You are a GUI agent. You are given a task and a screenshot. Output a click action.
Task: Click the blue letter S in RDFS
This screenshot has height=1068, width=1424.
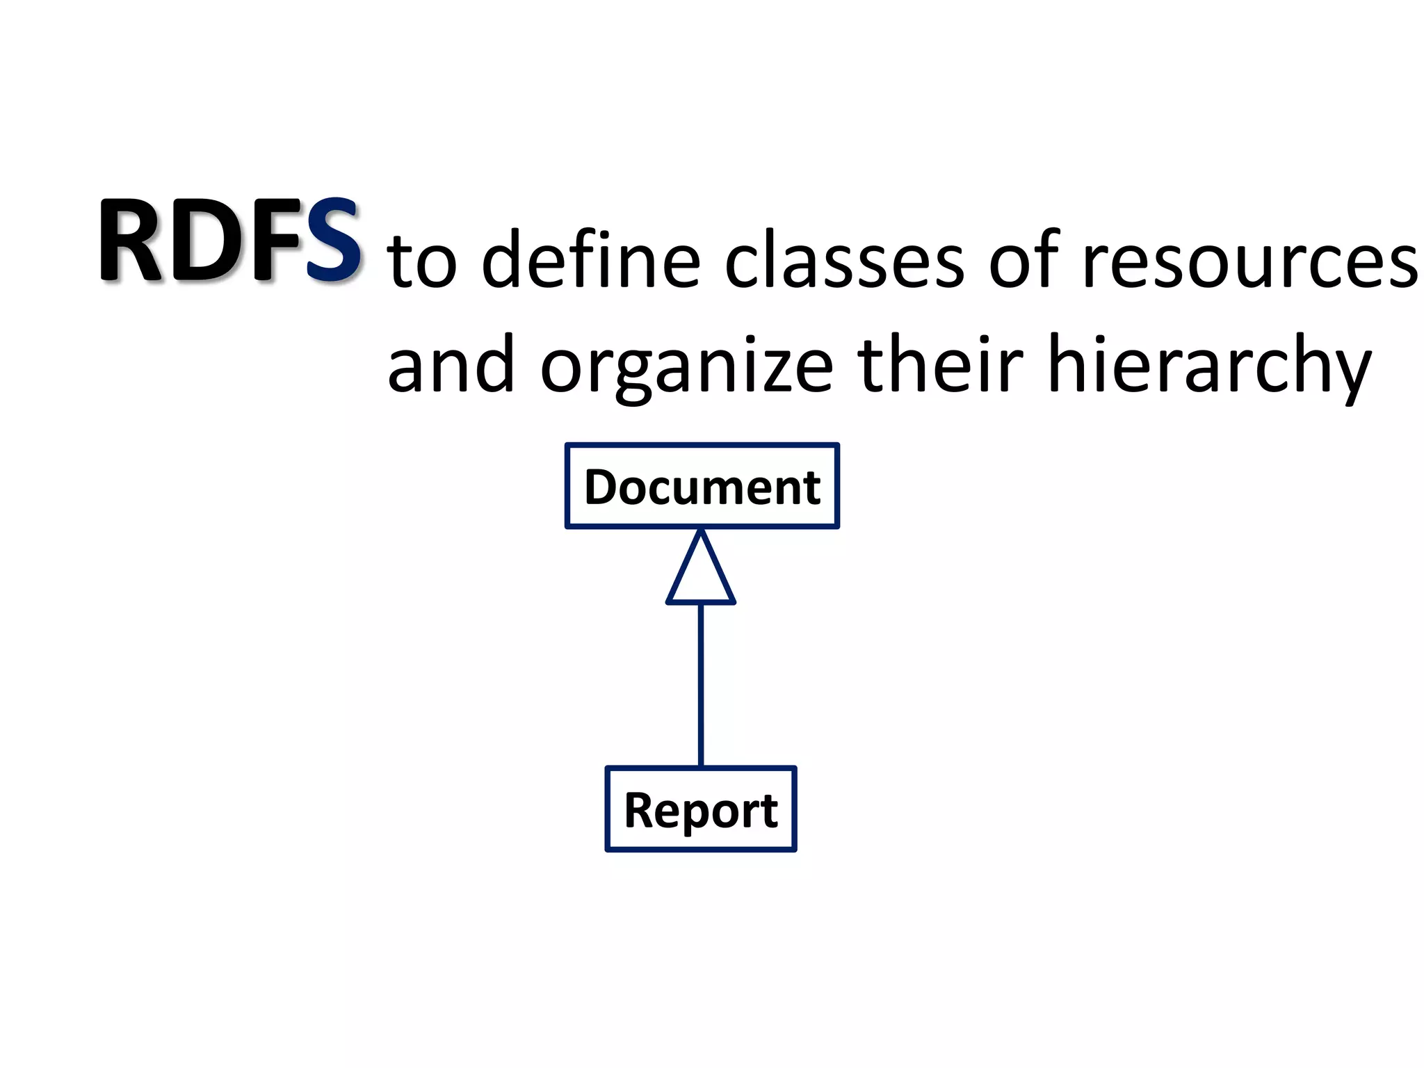tap(332, 241)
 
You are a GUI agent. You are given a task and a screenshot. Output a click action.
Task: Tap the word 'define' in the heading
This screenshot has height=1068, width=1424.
tap(591, 260)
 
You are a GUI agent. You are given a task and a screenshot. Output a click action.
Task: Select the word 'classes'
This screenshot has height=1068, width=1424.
tap(844, 260)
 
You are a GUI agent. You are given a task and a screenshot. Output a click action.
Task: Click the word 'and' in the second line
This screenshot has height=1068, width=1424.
tap(451, 366)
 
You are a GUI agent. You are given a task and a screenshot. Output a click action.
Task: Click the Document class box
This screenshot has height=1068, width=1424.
tap(702, 486)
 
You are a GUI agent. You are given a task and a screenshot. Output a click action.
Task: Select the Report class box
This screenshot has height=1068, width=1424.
tap(701, 809)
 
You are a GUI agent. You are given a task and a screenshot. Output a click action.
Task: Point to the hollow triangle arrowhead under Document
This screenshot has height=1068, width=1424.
tap(701, 574)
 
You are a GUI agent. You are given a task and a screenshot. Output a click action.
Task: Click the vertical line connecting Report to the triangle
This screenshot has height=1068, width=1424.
tap(701, 685)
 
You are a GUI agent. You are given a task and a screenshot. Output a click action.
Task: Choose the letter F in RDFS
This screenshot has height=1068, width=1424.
tap(275, 241)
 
